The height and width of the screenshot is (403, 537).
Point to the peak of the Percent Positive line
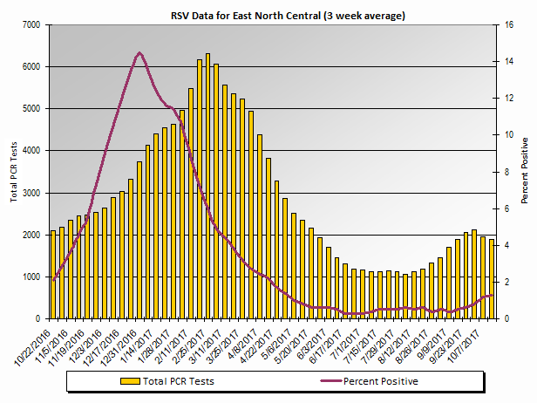point(139,53)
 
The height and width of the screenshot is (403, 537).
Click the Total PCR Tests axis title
point(13,171)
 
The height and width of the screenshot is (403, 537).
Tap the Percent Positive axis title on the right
point(525,171)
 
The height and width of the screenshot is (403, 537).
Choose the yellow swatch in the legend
point(130,381)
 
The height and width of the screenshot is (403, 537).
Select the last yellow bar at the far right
point(492,279)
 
